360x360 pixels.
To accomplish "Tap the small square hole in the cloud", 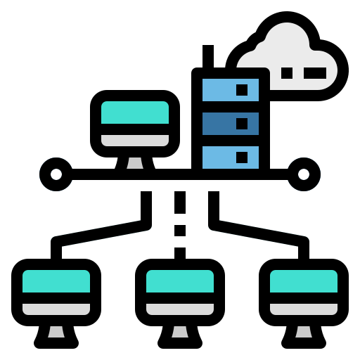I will point(287,72).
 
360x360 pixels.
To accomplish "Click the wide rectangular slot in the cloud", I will point(315,72).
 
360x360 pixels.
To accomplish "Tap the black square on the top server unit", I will point(242,90).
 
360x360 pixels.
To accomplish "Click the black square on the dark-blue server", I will point(242,124).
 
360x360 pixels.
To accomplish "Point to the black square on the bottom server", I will point(242,157).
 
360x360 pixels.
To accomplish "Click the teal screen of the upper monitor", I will point(135,112).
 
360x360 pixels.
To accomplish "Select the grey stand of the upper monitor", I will point(135,163).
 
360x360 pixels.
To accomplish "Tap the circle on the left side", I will point(56,174).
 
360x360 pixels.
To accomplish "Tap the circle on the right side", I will point(304,174).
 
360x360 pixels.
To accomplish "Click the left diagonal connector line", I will point(101,233).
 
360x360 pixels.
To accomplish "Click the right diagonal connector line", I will point(259,233).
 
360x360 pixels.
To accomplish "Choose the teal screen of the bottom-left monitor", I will point(56,281).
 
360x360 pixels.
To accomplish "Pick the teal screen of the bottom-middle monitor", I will point(180,281).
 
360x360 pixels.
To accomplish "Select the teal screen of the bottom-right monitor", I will point(304,281).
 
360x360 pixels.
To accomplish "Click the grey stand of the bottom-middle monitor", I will point(180,331).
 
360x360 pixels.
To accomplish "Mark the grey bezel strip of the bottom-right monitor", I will point(304,309).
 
